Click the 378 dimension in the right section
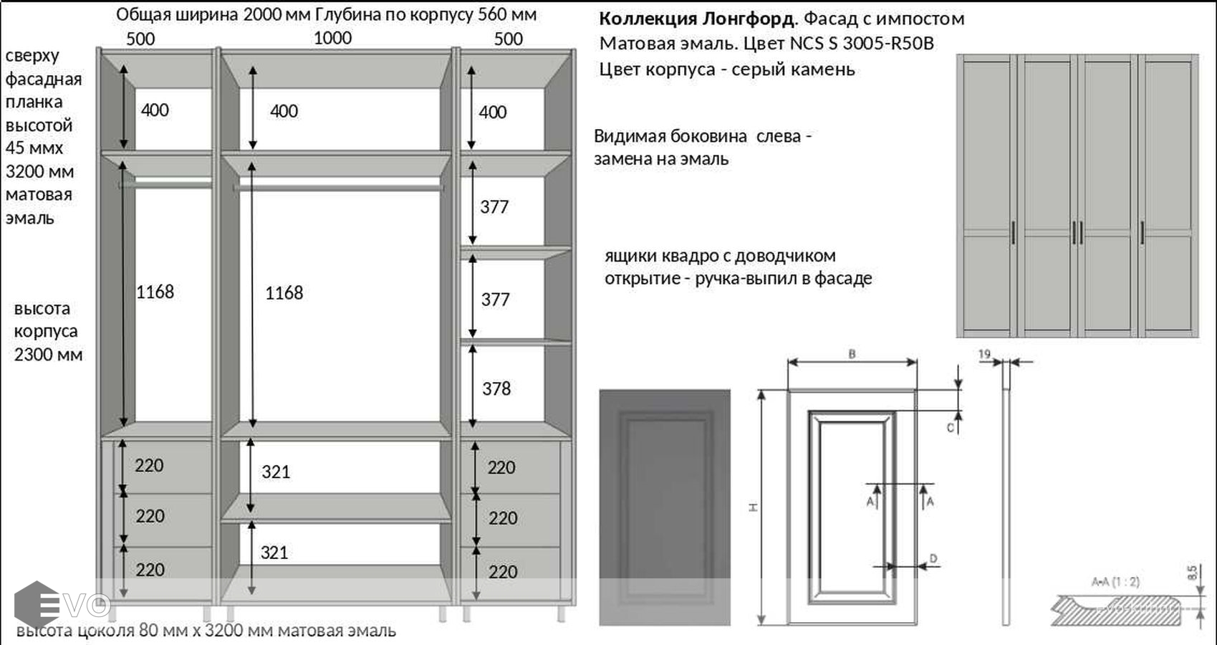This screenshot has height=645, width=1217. coord(496,388)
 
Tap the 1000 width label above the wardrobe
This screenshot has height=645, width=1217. coord(332,38)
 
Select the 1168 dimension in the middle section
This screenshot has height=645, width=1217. coord(284,292)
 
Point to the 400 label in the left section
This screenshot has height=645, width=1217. coord(155,110)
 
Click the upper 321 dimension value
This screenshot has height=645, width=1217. coord(276,472)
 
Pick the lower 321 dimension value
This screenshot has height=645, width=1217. coord(274,553)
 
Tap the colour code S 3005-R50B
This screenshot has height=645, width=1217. coord(880,44)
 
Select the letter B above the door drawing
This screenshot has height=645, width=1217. coord(852,354)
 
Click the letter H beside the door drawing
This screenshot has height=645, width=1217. coord(753,507)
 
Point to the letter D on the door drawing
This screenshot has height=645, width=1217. coord(933,558)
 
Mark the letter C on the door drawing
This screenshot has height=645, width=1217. coord(951,428)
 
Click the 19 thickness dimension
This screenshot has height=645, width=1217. coord(984,354)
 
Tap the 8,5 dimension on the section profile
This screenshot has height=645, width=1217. coord(1192,573)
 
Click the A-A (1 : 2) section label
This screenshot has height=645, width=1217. coord(1115,582)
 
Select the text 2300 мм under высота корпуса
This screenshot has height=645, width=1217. coord(48,355)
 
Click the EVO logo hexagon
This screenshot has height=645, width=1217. coord(36,605)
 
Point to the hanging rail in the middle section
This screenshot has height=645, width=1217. coord(338,187)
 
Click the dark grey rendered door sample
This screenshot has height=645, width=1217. coord(665,507)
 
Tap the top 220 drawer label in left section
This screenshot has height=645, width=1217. coord(149,466)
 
